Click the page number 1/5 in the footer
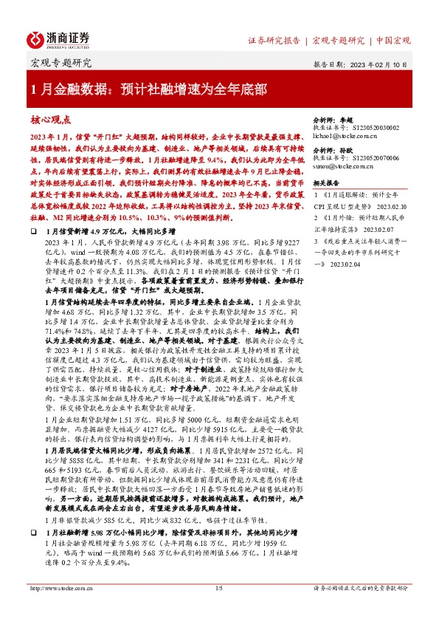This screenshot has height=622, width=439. (218, 609)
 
